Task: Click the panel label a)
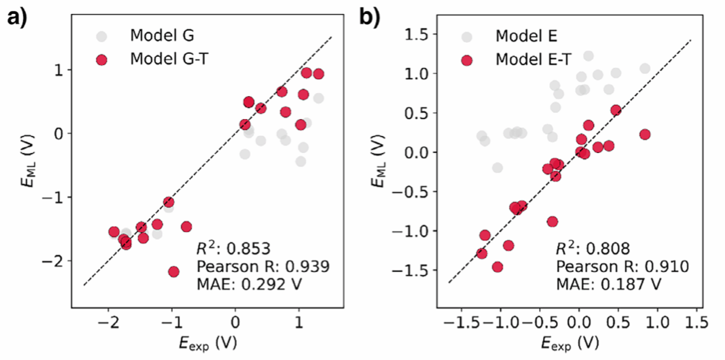tap(18, 18)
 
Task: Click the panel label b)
tap(370, 18)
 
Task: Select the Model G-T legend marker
tap(102, 60)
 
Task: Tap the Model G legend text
tap(161, 36)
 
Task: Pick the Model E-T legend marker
tap(467, 60)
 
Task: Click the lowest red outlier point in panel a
tap(174, 272)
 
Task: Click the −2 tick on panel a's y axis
tap(57, 260)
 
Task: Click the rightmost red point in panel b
tap(645, 134)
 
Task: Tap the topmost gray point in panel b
tap(588, 56)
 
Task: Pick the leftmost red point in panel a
tap(114, 232)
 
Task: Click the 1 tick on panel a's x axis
tap(298, 322)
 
